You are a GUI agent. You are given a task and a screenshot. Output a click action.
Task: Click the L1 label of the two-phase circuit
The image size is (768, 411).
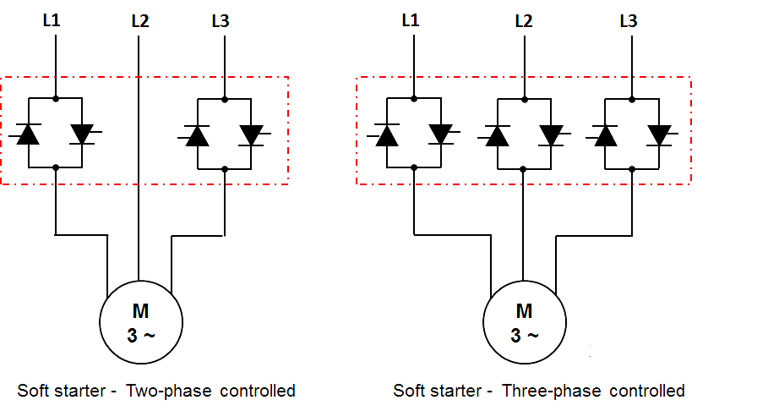[x=52, y=20]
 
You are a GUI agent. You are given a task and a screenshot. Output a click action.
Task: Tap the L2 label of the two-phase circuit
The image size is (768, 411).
[x=140, y=21]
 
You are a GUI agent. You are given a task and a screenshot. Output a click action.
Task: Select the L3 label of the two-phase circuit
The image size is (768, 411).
[x=221, y=21]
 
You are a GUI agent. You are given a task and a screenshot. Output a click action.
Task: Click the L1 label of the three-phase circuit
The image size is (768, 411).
[x=411, y=20]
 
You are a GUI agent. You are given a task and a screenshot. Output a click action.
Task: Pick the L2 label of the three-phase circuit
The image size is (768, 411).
[x=524, y=21]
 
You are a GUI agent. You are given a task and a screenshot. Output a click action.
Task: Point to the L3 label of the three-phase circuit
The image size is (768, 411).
[x=629, y=21]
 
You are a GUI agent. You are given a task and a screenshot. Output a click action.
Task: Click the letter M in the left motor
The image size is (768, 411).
[x=140, y=311]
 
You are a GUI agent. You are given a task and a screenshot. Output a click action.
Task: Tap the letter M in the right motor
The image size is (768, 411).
[x=524, y=311]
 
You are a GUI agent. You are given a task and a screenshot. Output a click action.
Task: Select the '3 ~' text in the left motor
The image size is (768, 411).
[x=141, y=336]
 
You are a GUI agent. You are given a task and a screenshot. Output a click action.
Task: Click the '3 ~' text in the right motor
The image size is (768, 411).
[x=525, y=336]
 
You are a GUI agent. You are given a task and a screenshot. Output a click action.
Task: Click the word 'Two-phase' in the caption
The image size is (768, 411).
[x=169, y=391]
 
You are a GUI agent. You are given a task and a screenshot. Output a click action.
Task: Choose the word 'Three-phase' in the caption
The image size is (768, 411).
[x=552, y=391]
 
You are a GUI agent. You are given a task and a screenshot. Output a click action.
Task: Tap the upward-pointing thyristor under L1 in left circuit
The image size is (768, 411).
[x=28, y=134]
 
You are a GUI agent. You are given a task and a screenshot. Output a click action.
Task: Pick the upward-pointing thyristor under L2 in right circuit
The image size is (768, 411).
[x=497, y=135]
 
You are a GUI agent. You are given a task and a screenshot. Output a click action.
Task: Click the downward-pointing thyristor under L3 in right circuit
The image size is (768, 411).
[x=659, y=135]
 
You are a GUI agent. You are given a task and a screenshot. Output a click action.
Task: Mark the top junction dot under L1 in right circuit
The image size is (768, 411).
[x=414, y=99]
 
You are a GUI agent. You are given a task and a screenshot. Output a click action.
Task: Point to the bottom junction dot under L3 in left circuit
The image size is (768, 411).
[x=225, y=169]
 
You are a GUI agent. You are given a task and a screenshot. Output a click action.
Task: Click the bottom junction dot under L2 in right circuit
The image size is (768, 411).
[x=523, y=169]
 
